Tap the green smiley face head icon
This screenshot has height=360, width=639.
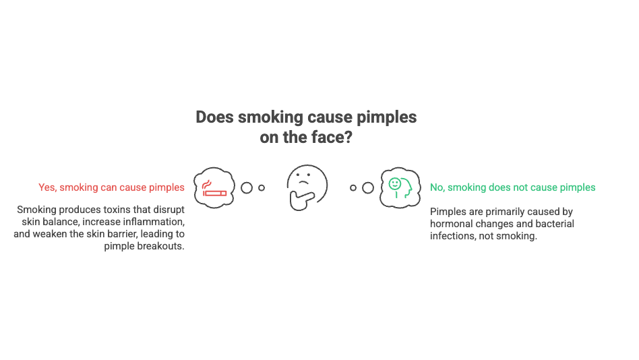tap(398, 187)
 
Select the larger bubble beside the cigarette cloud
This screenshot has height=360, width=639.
tap(247, 188)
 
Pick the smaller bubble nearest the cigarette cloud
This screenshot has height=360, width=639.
tap(262, 188)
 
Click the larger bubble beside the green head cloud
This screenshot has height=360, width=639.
tap(367, 188)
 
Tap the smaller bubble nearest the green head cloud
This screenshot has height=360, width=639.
tap(353, 188)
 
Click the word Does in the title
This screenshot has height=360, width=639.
tap(213, 117)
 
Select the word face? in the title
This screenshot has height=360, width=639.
tap(334, 138)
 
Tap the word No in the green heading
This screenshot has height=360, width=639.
tap(437, 187)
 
